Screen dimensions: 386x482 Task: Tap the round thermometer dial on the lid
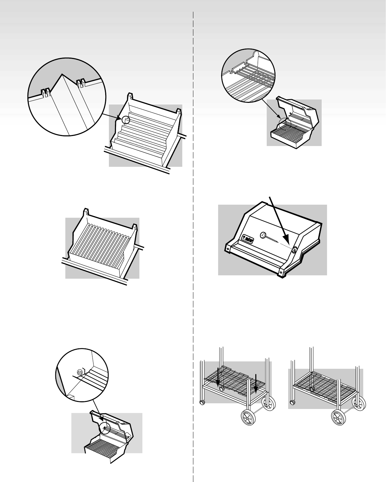click(263, 235)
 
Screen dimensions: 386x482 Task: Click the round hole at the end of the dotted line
click(295, 250)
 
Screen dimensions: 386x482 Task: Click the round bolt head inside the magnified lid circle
click(79, 372)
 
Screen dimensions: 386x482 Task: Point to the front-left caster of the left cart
click(202, 402)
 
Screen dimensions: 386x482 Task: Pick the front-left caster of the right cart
click(293, 402)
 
